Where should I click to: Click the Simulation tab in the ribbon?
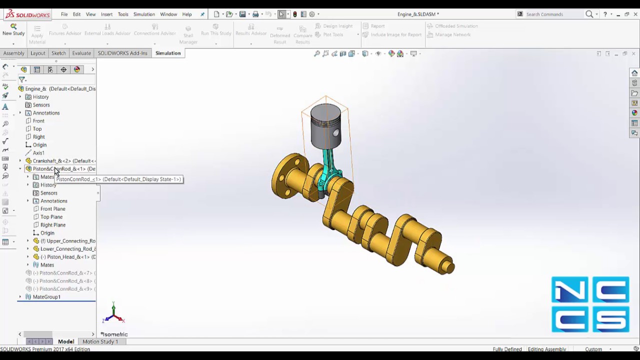[x=167, y=53]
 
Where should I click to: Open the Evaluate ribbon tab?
[x=81, y=53]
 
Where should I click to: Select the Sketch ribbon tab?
[x=58, y=53]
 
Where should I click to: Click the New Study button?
[x=13, y=29]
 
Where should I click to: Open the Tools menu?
[x=123, y=14]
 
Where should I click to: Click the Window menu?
[x=168, y=14]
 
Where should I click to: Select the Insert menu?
[x=106, y=14]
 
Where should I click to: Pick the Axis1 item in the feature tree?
[x=38, y=153]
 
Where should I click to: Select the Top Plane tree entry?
[x=51, y=217]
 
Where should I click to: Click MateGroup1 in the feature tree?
[x=46, y=297]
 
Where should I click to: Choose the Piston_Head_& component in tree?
[x=67, y=257]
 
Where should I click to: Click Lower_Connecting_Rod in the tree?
[x=67, y=249]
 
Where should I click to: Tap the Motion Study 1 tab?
[x=100, y=341]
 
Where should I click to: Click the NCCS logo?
[x=590, y=304]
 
